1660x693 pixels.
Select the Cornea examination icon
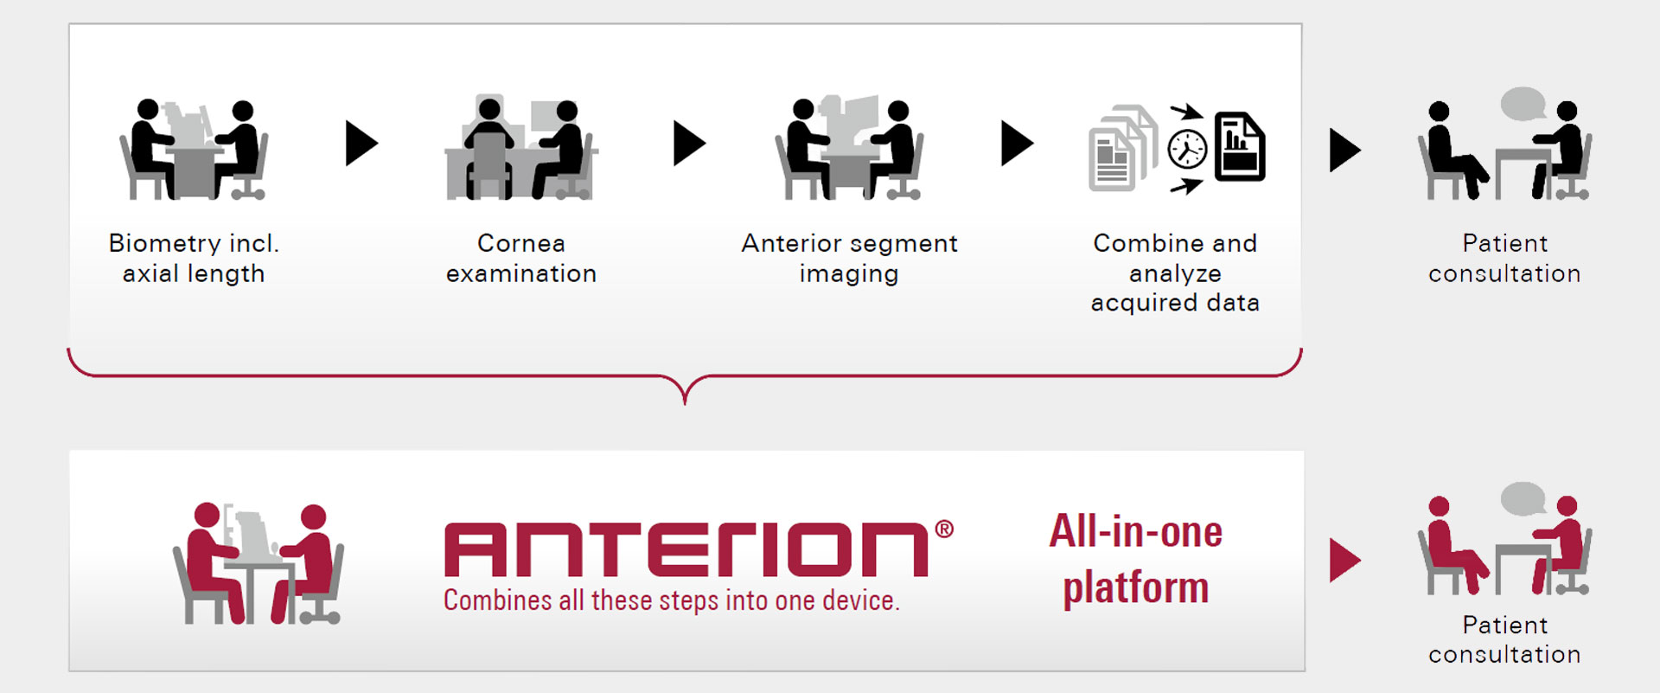tap(521, 147)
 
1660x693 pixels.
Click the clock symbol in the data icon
tap(1187, 149)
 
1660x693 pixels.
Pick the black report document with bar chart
tap(1240, 146)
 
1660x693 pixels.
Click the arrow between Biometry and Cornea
tap(361, 143)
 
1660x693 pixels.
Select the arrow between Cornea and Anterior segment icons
tap(689, 143)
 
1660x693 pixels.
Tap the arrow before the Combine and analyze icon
tap(1017, 143)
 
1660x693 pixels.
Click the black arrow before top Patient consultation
tap(1344, 150)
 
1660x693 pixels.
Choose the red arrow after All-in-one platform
tap(1344, 560)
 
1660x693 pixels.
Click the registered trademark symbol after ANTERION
tap(944, 529)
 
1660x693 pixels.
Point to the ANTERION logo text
tap(686, 549)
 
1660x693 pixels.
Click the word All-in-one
tap(1136, 531)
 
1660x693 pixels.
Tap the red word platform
tap(1136, 588)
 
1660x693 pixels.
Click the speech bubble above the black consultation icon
tap(1523, 105)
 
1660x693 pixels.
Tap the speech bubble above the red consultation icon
tap(1523, 499)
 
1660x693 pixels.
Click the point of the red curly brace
tap(685, 403)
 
